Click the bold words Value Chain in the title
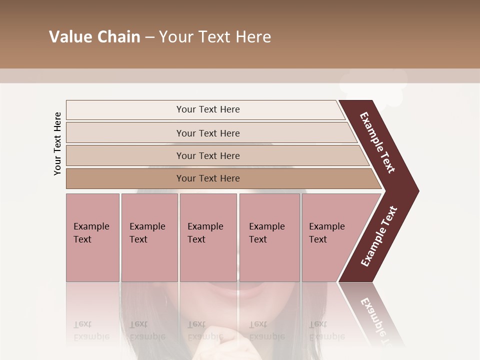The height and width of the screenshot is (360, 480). click(x=94, y=37)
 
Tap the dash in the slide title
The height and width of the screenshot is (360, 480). click(x=149, y=37)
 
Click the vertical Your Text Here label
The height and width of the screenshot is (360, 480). click(x=57, y=143)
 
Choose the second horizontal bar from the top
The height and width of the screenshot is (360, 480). click(x=207, y=133)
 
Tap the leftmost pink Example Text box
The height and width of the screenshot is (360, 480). click(x=92, y=237)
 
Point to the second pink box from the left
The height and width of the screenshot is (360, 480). click(x=149, y=237)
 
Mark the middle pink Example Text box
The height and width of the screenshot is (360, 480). click(x=208, y=237)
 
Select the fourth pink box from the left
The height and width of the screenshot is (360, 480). click(x=269, y=237)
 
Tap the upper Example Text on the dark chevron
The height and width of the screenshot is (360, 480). click(x=377, y=142)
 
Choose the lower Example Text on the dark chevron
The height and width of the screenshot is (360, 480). click(x=379, y=236)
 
